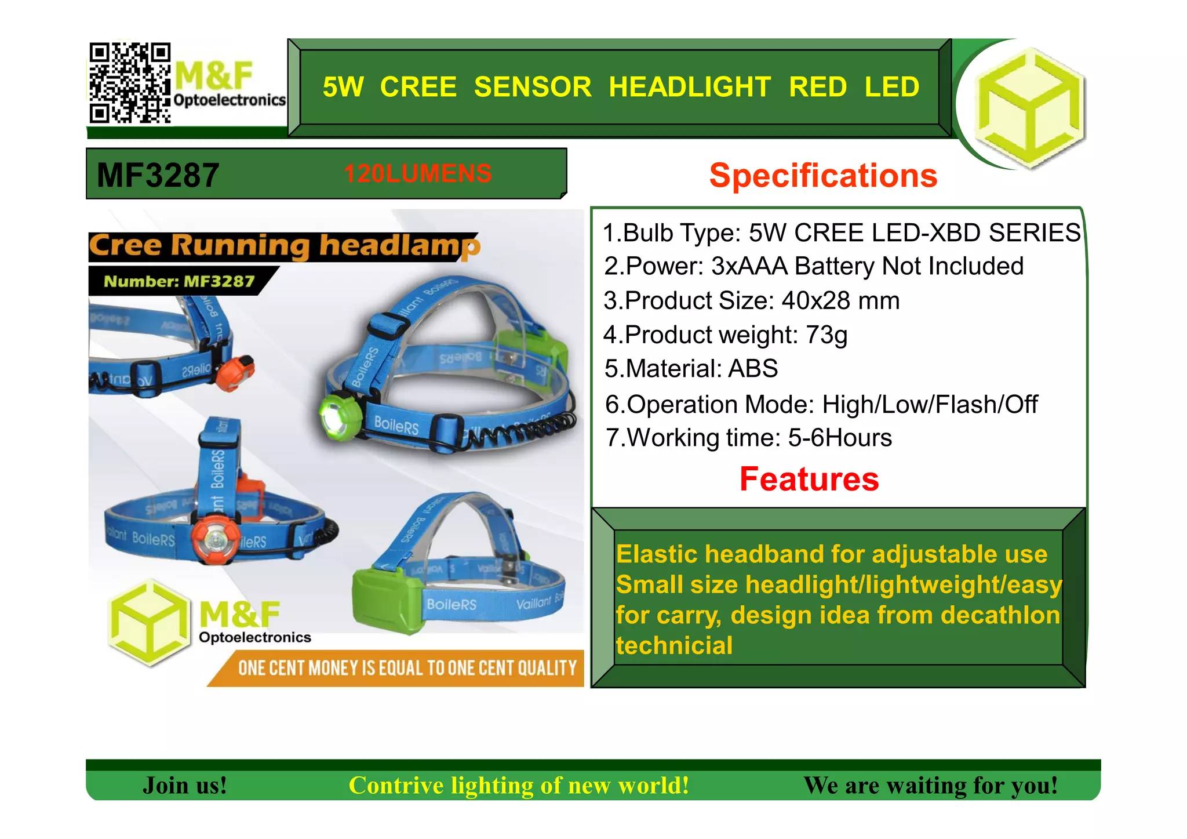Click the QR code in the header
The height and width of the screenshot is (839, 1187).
pyautogui.click(x=129, y=82)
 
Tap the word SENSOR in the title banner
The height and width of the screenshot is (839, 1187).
pyautogui.click(x=532, y=87)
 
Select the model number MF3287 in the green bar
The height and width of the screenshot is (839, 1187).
pyautogui.click(x=158, y=175)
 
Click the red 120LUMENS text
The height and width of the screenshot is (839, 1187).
pyautogui.click(x=417, y=173)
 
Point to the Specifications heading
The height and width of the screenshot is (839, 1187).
pyautogui.click(x=823, y=175)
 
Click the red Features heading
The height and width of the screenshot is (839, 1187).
pyautogui.click(x=809, y=480)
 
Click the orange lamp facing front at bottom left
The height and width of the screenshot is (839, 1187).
pyautogui.click(x=215, y=540)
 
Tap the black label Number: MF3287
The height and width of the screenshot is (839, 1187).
pyautogui.click(x=179, y=281)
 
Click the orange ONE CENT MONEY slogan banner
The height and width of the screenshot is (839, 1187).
pyautogui.click(x=406, y=668)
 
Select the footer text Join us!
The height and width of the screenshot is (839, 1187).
pyautogui.click(x=184, y=786)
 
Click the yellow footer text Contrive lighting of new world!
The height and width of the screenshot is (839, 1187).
pyautogui.click(x=519, y=786)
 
